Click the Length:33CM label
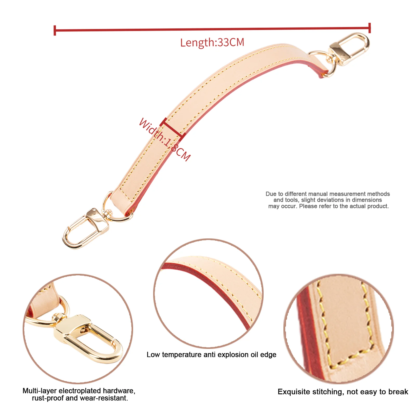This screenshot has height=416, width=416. click(x=212, y=42)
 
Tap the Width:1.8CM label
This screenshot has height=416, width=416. click(x=164, y=140)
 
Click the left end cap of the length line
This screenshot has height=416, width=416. click(x=55, y=30)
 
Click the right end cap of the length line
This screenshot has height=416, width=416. click(x=369, y=28)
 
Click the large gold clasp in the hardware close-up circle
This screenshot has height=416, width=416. click(x=88, y=338)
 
